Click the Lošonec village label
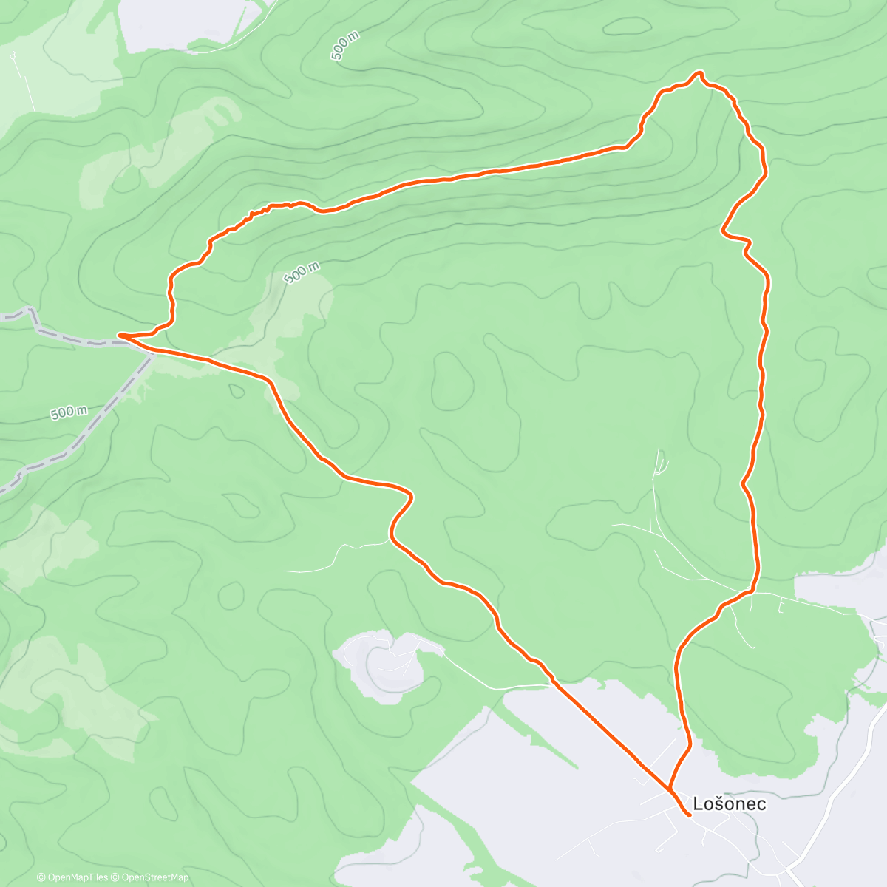click(730, 803)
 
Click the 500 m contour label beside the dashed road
click(69, 412)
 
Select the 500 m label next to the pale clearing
click(302, 272)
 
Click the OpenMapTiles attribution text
click(77, 877)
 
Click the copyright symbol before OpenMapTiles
click(41, 877)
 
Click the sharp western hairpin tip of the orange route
click(120, 336)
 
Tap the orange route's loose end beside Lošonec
click(689, 815)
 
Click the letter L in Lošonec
click(699, 803)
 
